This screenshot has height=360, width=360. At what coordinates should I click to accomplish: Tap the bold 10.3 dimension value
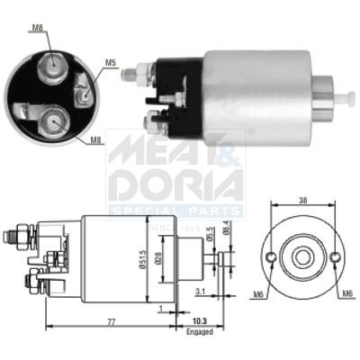[200, 320]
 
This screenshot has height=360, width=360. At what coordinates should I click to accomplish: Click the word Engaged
[200, 331]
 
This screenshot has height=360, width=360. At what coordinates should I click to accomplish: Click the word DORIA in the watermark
[175, 184]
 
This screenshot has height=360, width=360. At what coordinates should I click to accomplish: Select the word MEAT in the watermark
[153, 148]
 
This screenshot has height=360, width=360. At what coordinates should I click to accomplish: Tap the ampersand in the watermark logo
[229, 148]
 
